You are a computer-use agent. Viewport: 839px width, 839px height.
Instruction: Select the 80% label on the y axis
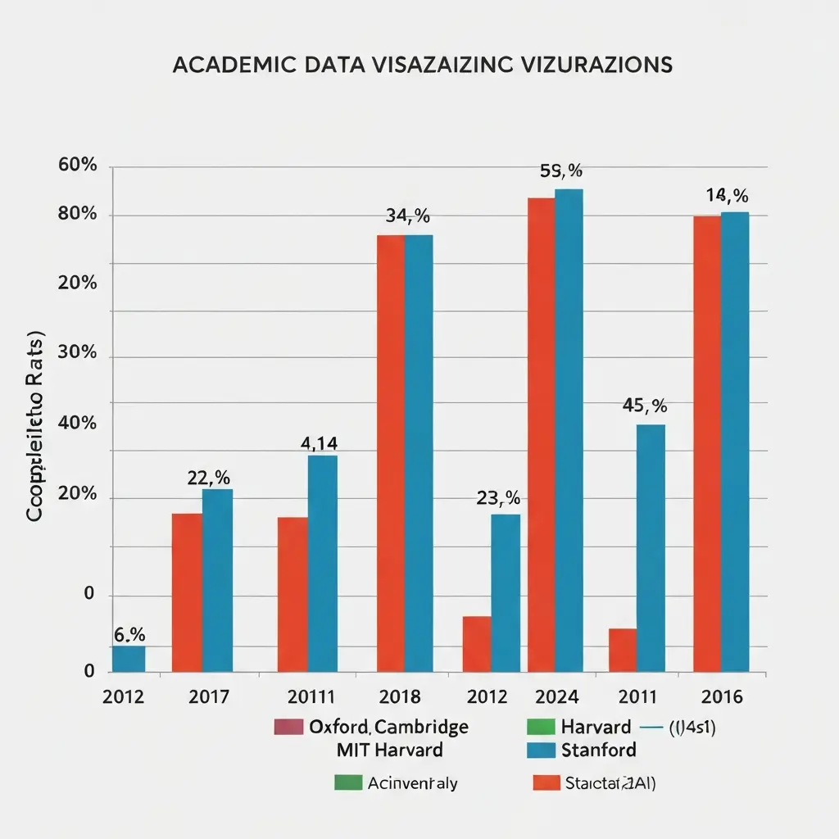(x=78, y=215)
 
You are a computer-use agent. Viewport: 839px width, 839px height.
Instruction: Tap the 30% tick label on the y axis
(x=78, y=354)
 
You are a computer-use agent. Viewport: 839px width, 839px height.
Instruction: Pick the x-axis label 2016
(x=722, y=697)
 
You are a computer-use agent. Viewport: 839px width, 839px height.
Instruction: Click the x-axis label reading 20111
(x=311, y=697)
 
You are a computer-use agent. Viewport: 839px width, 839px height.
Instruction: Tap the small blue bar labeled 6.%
(x=129, y=659)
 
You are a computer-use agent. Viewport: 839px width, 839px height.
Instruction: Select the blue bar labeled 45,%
(x=651, y=547)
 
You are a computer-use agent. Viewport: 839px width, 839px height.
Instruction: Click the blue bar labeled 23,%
(x=505, y=592)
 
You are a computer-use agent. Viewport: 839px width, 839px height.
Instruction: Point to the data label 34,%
(x=407, y=216)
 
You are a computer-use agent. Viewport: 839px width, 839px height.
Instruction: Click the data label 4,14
(x=319, y=444)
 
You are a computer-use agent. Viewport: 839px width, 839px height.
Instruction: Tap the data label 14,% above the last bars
(x=727, y=196)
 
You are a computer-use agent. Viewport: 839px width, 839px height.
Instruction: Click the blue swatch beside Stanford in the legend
(x=539, y=750)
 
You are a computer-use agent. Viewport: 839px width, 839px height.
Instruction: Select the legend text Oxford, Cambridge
(x=389, y=727)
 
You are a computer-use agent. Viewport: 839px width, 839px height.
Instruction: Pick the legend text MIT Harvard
(x=389, y=750)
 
